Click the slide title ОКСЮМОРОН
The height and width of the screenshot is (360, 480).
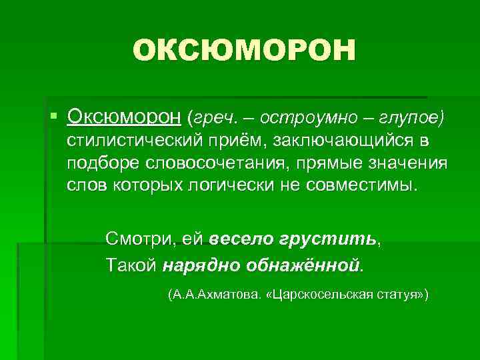[x=244, y=51]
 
